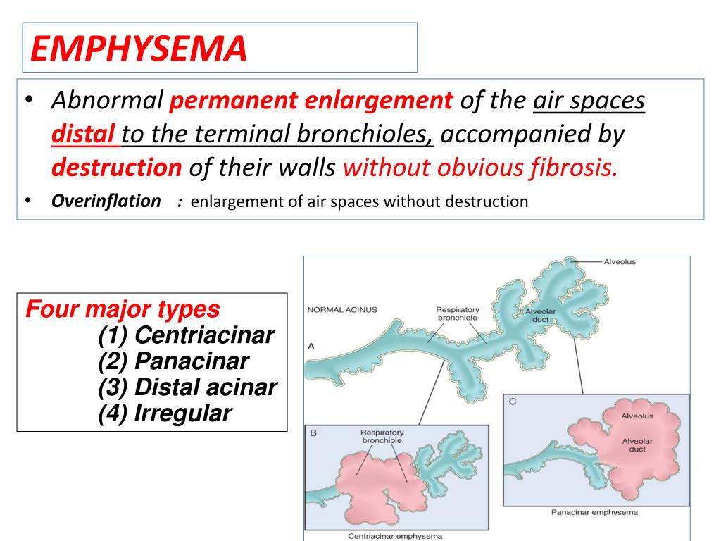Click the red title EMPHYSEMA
tap(139, 49)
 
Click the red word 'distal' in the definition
tap(83, 134)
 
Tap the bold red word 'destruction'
tap(117, 168)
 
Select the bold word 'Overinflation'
tap(106, 201)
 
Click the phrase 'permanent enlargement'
tap(311, 100)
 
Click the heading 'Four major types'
tap(123, 309)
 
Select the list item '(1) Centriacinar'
tap(186, 335)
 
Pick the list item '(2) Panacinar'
tap(173, 361)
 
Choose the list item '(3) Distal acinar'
tap(187, 387)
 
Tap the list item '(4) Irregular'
tap(165, 413)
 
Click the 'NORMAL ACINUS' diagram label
tap(342, 310)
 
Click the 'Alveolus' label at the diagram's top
tap(620, 262)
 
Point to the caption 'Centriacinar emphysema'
tap(395, 536)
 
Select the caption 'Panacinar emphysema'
tap(594, 512)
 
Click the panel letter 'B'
tap(313, 433)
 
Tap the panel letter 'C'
tap(513, 402)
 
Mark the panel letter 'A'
tap(311, 346)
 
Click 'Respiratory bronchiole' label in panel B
tap(382, 437)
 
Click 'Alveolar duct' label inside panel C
tap(637, 445)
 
